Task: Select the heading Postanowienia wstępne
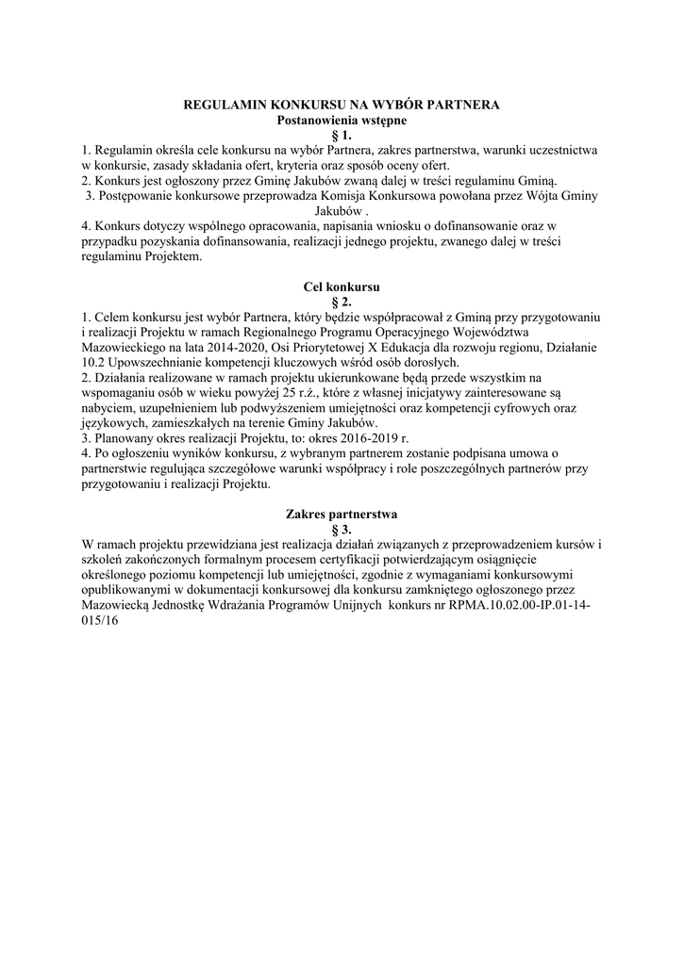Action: point(341,121)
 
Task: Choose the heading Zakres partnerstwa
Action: point(342,515)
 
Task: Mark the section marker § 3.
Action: point(342,530)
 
